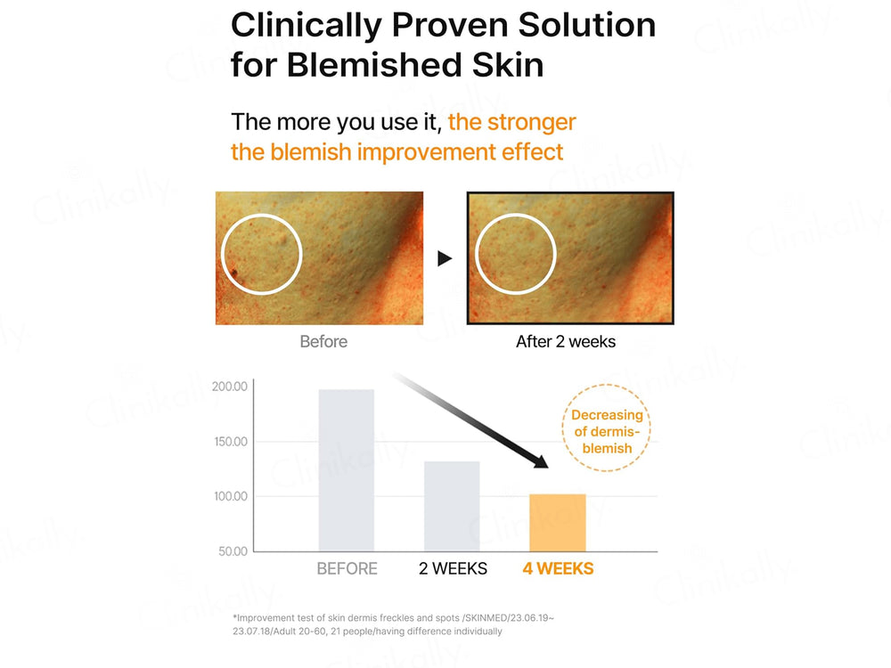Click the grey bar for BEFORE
pos(347,469)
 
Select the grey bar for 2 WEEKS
pos(452,506)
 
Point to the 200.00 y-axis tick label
pos(229,387)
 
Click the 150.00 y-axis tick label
pos(229,442)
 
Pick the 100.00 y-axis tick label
pos(229,496)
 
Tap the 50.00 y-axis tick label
pos(232,551)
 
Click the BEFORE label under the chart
pos(347,568)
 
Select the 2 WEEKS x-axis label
pos(453,568)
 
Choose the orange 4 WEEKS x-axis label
pos(558,568)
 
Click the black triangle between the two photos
pos(445,258)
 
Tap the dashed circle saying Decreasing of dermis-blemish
pos(607,431)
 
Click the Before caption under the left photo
pos(323,341)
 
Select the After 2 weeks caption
pos(566,341)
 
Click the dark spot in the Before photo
pos(234,273)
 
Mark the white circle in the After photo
pos(517,256)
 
